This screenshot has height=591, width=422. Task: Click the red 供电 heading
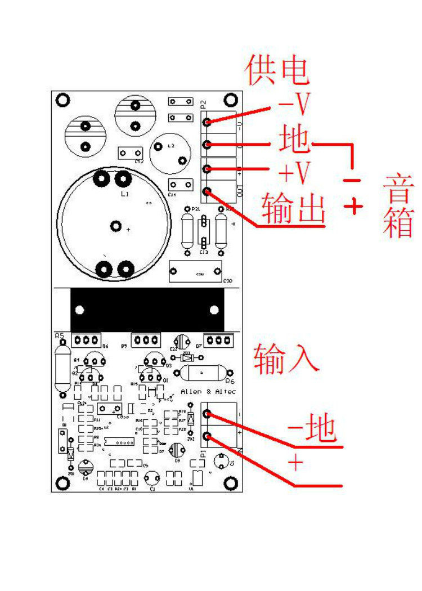pyautogui.click(x=277, y=70)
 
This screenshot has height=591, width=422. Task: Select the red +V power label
pyautogui.click(x=294, y=173)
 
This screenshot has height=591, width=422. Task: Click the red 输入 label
pyautogui.click(x=286, y=359)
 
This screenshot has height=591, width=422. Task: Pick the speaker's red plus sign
pyautogui.click(x=353, y=207)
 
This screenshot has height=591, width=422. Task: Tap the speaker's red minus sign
pyautogui.click(x=352, y=181)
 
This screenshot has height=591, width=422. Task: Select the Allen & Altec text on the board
pyautogui.click(x=208, y=391)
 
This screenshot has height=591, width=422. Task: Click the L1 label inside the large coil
pyautogui.click(x=125, y=194)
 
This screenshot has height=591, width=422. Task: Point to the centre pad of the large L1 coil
pyautogui.click(x=116, y=226)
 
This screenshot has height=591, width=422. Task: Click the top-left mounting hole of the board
pyautogui.click(x=63, y=100)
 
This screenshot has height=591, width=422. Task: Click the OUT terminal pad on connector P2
pyautogui.click(x=208, y=191)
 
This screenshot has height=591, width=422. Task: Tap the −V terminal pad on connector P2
pyautogui.click(x=208, y=122)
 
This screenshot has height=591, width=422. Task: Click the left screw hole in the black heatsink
pyautogui.click(x=80, y=310)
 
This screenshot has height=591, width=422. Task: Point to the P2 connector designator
pyautogui.click(x=204, y=104)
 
